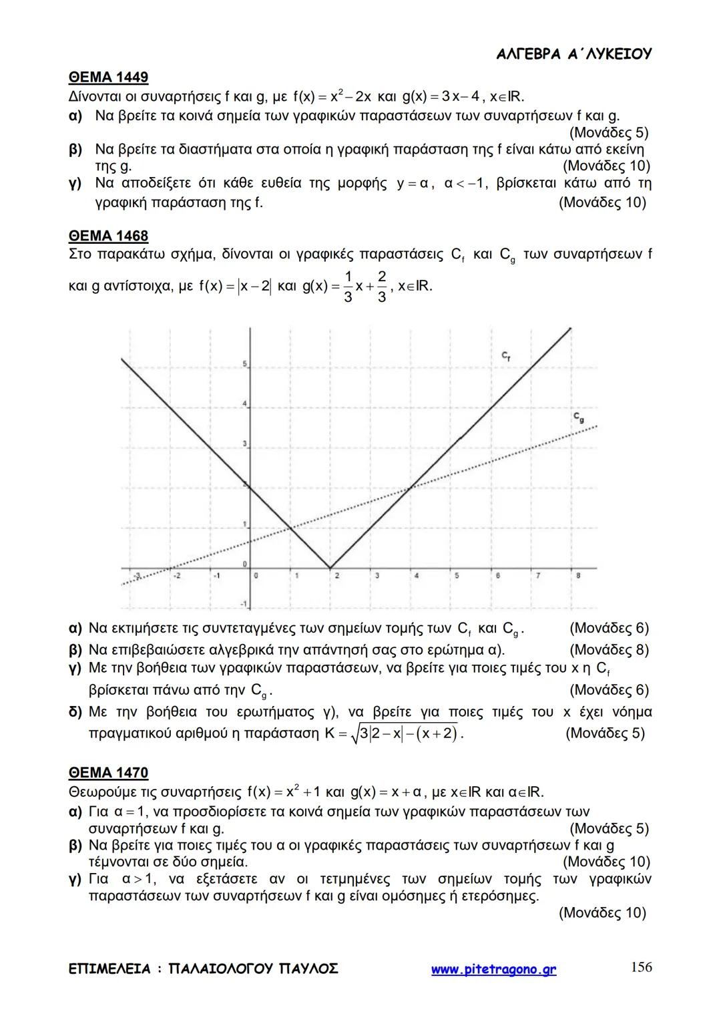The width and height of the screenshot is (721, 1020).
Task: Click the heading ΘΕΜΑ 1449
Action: point(108,77)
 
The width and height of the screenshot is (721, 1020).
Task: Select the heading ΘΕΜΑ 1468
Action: point(108,236)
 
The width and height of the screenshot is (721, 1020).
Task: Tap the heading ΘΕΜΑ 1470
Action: point(108,773)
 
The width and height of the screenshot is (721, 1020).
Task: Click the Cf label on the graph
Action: point(507,358)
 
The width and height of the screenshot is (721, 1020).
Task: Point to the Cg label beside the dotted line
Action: point(578,417)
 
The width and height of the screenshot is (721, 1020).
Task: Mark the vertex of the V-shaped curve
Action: point(330,568)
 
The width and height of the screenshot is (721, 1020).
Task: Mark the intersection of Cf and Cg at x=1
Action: point(290,528)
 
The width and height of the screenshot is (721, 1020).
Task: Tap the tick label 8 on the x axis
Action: point(577,575)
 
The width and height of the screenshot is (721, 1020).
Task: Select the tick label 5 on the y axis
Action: point(244,364)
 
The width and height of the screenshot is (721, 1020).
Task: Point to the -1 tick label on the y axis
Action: point(244,605)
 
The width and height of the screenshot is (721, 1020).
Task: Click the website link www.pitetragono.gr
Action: point(493,969)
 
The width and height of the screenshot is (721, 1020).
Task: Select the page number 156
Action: point(641,967)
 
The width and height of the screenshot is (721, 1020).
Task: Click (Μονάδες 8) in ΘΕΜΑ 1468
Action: point(609,650)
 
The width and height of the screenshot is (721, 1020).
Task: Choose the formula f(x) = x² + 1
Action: point(285,792)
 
